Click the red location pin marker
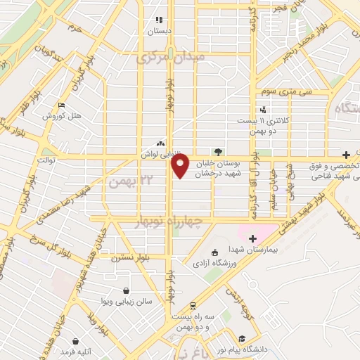pos(180,167)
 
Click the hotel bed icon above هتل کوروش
pos(60,105)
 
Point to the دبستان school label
pos(159,31)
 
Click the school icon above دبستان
pos(159,20)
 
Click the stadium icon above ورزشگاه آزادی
pos(214,252)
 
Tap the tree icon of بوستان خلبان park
pos(218,151)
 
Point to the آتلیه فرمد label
pos(76,349)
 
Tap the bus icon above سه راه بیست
pos(193,305)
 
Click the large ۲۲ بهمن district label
pos(124,181)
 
